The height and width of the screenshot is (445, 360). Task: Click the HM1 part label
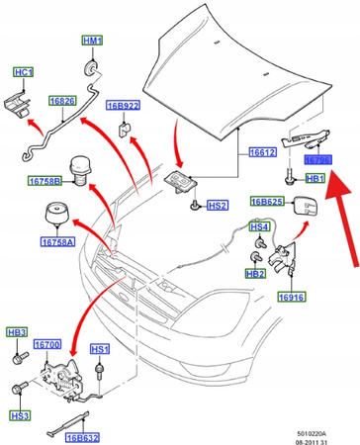(92, 42)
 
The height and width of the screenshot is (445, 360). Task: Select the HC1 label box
(23, 72)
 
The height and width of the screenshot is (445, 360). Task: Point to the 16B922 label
(126, 106)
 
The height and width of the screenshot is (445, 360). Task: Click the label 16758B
(45, 181)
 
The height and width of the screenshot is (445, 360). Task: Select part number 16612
(262, 152)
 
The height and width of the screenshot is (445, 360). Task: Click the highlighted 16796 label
(317, 158)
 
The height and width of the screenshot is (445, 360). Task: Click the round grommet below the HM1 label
(90, 64)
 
